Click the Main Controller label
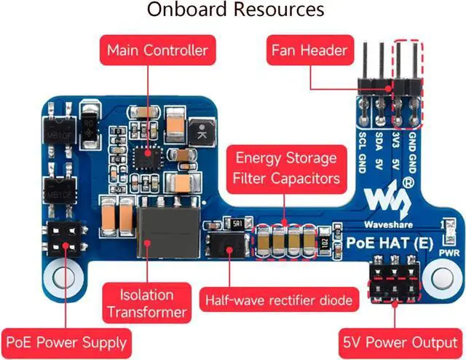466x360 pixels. coord(157,51)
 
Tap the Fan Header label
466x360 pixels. coord(309,51)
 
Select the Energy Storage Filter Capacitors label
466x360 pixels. coord(286,168)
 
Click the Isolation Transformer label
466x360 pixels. coord(147,304)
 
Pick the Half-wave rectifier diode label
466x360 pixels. coord(280,299)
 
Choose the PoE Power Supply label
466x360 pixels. coord(66,341)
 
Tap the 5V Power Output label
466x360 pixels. coord(400,341)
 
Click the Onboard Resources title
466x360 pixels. coord(235,10)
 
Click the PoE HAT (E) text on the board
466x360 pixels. coord(386,240)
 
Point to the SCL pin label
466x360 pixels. coord(362,139)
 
